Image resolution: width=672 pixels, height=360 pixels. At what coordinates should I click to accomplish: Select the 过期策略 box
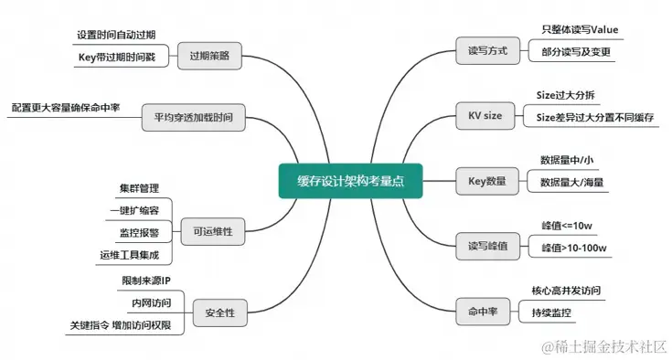pos(210,56)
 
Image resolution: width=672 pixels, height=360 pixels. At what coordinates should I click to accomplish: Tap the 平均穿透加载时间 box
pos(194,117)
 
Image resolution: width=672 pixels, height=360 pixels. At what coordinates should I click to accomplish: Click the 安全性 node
pos(219,312)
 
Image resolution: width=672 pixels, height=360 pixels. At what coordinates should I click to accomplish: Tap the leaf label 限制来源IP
pos(146,279)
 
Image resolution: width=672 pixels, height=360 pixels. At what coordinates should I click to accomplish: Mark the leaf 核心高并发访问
pos(567,291)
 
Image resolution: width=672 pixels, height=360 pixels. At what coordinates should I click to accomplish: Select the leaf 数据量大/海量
pos(571,182)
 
